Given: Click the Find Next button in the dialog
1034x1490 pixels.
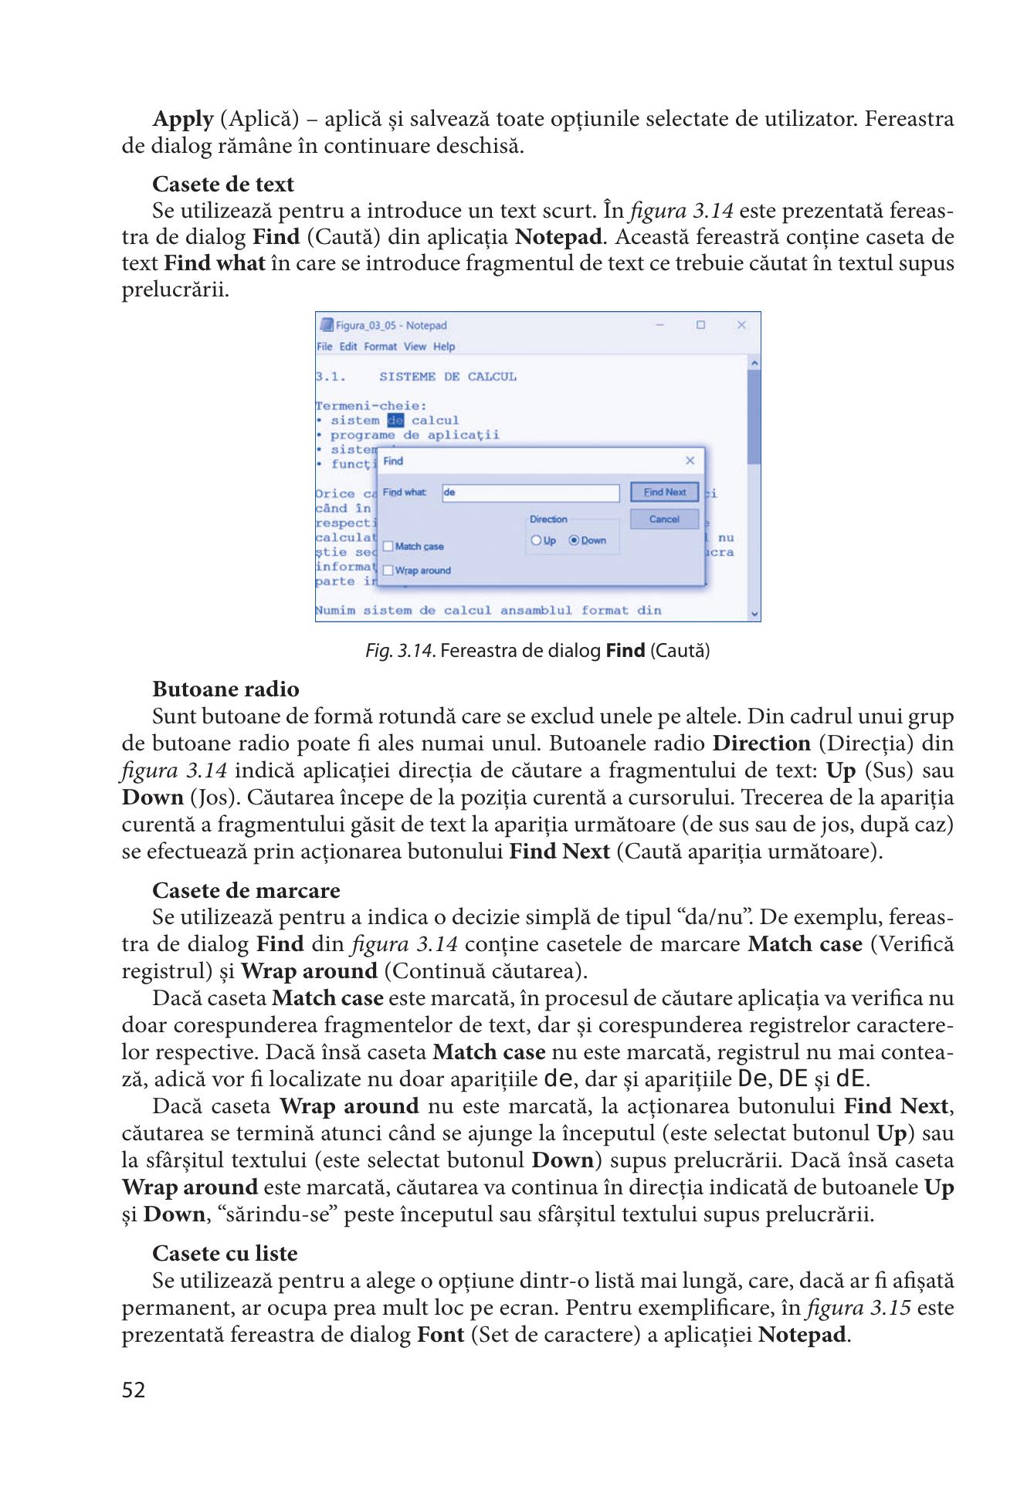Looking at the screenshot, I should [664, 492].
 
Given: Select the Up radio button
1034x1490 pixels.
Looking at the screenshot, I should [536, 540].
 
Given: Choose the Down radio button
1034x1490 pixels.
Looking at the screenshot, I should [574, 540].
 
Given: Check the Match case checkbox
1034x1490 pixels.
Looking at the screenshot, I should [388, 547].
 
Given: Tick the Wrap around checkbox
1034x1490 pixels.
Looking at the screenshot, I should [388, 571].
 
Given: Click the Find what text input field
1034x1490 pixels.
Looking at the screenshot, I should [531, 493].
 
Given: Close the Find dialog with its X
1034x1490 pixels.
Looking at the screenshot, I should [690, 461].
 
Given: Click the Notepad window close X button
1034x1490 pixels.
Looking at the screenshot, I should [741, 325].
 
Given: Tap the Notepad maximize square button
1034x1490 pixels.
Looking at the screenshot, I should [700, 325].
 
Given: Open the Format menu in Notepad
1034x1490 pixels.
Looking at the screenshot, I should [380, 347].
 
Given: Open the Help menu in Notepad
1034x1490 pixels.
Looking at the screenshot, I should [443, 347].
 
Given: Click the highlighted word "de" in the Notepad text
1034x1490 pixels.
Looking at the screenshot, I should [395, 421].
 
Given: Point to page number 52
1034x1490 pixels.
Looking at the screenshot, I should [134, 1390].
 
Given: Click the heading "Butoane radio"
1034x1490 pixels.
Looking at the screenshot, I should [225, 689].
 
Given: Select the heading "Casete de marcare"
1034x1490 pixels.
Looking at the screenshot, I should [246, 890].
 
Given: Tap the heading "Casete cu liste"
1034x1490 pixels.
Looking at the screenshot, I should [225, 1253].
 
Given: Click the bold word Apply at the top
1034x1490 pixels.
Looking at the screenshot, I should [183, 119].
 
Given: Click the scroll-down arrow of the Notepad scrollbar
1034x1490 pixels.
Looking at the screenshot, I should [754, 615].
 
